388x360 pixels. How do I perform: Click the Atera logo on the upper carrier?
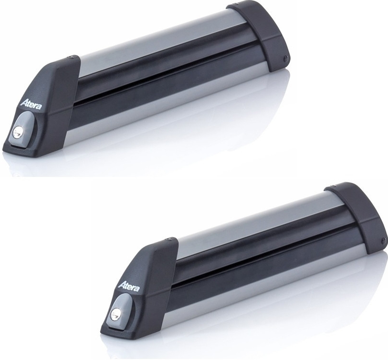pyautogui.click(x=31, y=103)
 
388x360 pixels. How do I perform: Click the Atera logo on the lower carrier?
pyautogui.click(x=129, y=286)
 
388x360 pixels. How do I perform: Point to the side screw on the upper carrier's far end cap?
pyautogui.click(x=286, y=58)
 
